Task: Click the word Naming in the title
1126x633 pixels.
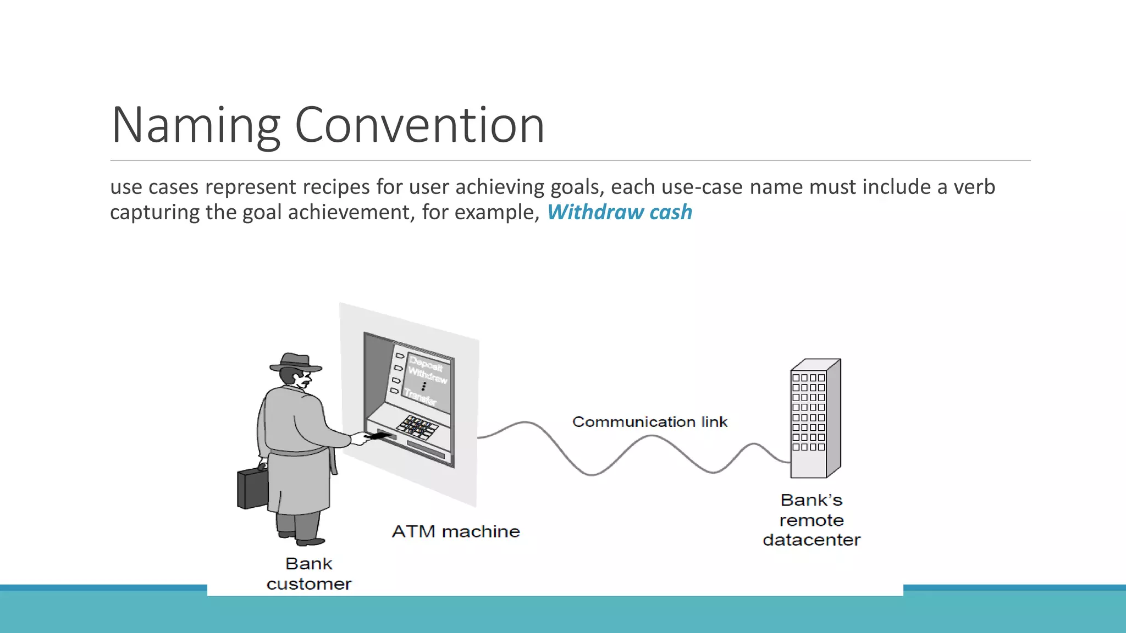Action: coord(196,126)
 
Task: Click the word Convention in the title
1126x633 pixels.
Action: coord(419,125)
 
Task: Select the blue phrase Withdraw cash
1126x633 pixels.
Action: coord(619,212)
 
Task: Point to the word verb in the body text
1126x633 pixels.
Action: coord(974,187)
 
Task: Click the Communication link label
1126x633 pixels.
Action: coord(649,422)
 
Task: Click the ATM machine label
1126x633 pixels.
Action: coord(455,531)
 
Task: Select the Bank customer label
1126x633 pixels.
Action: coord(308,574)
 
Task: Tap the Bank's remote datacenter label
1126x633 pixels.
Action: coord(811,520)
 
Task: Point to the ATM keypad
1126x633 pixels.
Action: coord(417,426)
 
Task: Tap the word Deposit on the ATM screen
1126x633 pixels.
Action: coord(426,364)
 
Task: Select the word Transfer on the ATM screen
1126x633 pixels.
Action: coord(420,396)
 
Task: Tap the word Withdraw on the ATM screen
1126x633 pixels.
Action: coord(427,376)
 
